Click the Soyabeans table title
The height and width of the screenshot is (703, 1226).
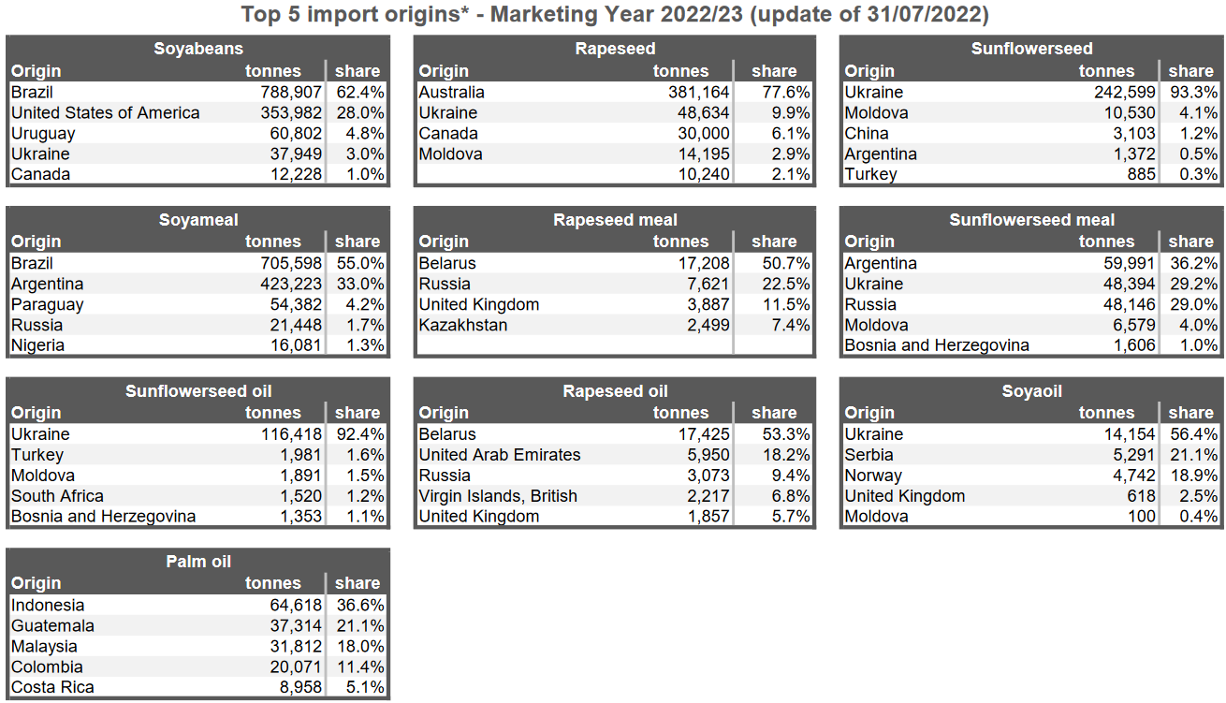(198, 50)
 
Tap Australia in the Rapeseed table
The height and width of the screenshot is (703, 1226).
(452, 93)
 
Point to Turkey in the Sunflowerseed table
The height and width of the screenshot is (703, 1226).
(870, 175)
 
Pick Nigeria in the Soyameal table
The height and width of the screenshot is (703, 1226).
(37, 346)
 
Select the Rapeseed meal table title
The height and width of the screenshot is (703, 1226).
(615, 221)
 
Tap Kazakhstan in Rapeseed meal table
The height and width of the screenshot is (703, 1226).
(463, 326)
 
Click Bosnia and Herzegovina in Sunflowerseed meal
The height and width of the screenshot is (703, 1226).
(937, 346)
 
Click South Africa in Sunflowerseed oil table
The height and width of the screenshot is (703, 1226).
(57, 496)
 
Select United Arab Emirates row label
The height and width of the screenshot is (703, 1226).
(500, 455)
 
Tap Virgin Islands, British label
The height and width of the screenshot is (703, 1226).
(498, 496)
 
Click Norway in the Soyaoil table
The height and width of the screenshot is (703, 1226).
(873, 476)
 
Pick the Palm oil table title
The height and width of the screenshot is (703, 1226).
(198, 562)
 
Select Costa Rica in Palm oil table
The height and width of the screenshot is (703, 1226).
(52, 688)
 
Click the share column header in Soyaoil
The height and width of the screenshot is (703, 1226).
(1190, 413)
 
